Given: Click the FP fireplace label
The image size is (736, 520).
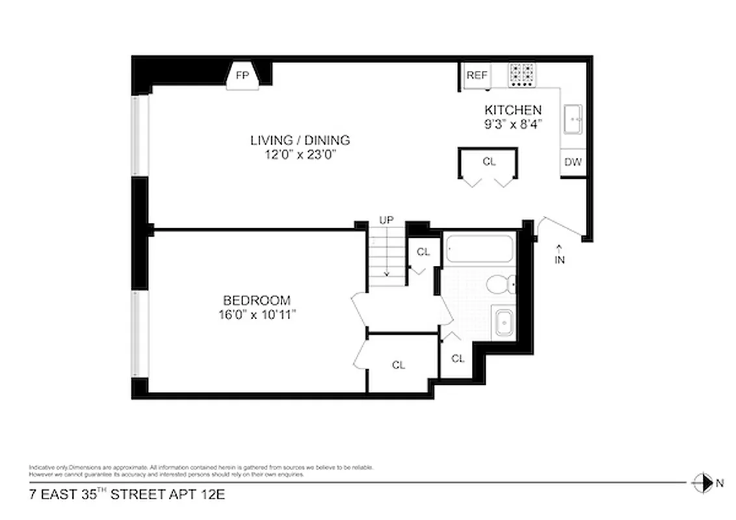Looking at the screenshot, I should tap(242, 75).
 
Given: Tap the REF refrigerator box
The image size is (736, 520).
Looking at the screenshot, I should tap(477, 75).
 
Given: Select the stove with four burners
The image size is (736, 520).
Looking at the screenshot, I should tap(521, 75).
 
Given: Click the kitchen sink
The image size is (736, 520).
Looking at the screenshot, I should tap(572, 120).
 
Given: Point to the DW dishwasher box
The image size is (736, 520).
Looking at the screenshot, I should tap(573, 162).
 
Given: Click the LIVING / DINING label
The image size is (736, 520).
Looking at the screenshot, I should tap(300, 140).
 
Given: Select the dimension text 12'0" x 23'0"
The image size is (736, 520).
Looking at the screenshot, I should tap(300, 154).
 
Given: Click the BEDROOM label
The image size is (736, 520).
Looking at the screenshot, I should tap(256, 300).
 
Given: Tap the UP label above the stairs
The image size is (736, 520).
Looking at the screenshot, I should tap(386, 220).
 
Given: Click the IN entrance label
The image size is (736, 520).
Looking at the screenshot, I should tap(560, 260).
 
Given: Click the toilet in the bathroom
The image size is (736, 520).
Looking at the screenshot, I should tap(502, 284).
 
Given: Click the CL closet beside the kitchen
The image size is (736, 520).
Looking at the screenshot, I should tap(489, 162).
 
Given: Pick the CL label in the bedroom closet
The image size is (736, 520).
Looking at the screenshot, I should tap(399, 365).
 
